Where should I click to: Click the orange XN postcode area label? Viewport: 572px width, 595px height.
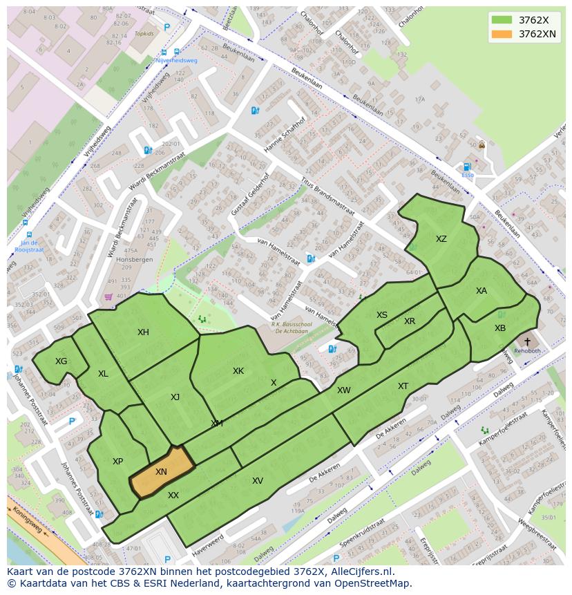(161, 472)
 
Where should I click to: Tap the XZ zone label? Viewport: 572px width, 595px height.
(441, 239)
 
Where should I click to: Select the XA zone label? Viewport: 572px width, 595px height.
(481, 291)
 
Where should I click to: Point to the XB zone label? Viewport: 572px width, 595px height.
(499, 328)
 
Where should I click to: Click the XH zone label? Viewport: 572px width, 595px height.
(143, 332)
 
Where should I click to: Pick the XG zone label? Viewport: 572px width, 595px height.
(61, 361)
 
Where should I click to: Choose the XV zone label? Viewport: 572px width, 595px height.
(257, 481)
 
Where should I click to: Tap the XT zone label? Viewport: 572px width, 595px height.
(403, 386)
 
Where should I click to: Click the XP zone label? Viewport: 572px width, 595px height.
(117, 462)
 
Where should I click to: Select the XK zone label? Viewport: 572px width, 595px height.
(238, 371)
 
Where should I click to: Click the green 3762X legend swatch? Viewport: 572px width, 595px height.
(502, 20)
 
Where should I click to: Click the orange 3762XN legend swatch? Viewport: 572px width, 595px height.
(502, 34)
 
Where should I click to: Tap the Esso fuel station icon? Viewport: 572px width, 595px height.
(467, 167)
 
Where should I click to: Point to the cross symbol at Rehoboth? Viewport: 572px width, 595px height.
(528, 341)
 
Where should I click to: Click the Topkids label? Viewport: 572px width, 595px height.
(144, 32)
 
